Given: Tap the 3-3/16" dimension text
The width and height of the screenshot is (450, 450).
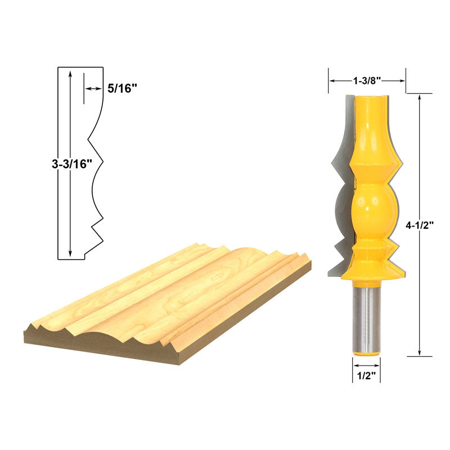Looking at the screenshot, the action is pyautogui.click(x=72, y=164).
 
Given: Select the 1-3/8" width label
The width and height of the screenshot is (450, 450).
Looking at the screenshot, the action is pyautogui.click(x=367, y=81).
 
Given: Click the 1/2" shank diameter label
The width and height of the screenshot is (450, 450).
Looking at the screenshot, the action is pyautogui.click(x=367, y=376).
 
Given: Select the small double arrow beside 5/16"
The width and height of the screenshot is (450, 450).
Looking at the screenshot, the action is pyautogui.click(x=93, y=89).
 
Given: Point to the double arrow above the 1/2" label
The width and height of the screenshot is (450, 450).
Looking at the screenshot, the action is pyautogui.click(x=367, y=366).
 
